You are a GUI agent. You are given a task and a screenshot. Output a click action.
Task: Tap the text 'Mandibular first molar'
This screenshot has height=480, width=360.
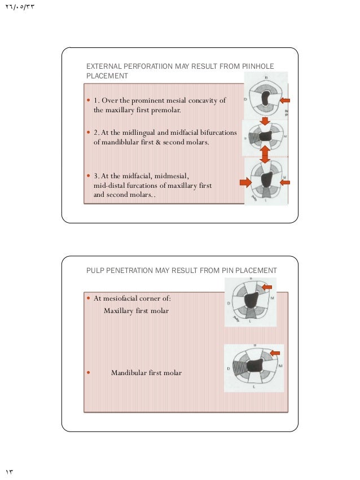click(146, 373)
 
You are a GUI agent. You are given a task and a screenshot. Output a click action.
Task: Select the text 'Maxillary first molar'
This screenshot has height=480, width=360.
click(136, 311)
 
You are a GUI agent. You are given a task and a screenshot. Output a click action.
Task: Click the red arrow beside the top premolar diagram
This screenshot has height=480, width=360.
click(286, 100)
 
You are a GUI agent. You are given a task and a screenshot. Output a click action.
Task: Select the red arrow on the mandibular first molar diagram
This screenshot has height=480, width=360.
click(275, 353)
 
